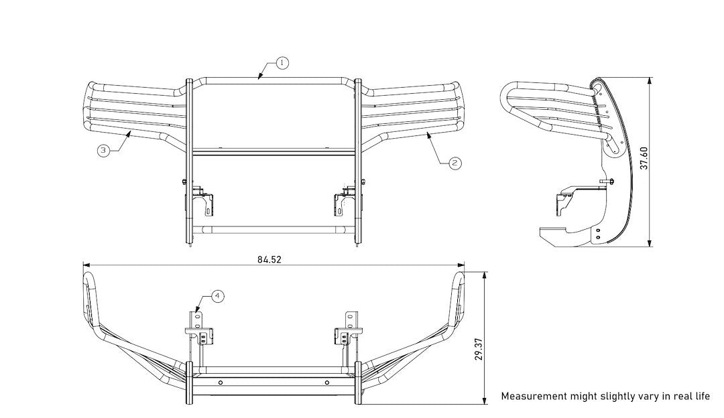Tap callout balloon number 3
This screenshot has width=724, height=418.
point(103,151)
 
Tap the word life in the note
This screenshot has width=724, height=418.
point(701,397)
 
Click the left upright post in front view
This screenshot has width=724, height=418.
point(188,161)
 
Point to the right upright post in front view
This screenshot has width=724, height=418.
point(358,161)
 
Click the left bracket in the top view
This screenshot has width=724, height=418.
point(200,329)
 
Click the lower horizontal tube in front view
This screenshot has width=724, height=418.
point(273,230)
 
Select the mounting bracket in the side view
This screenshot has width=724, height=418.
point(564,200)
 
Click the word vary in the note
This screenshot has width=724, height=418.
point(638,397)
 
